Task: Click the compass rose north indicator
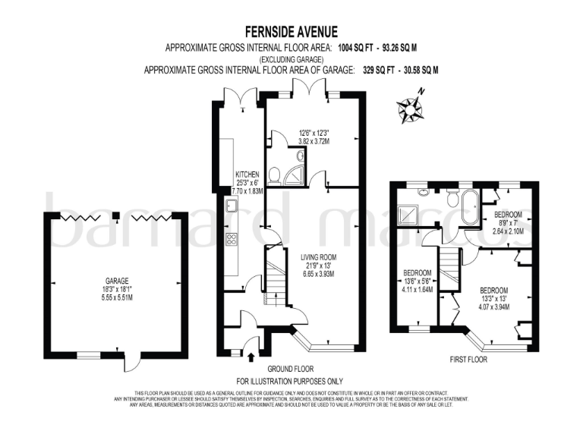click(x=411, y=106)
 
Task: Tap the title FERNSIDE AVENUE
click(x=291, y=32)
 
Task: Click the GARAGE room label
click(x=117, y=280)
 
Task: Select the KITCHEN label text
click(x=247, y=174)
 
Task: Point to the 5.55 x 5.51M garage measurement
click(x=117, y=297)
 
